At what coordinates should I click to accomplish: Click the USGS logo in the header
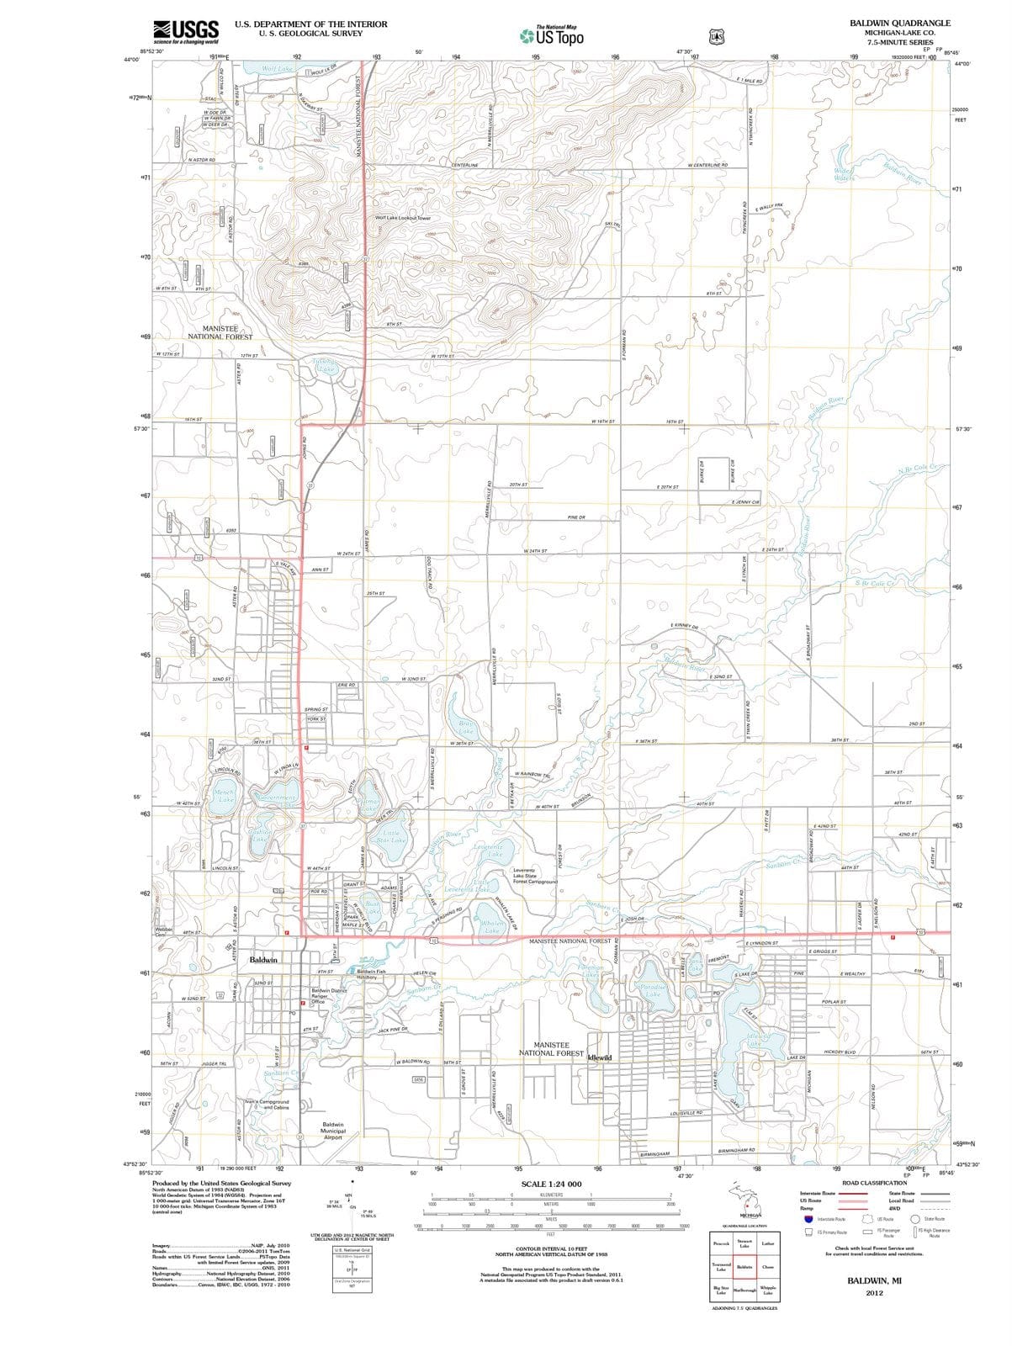tap(186, 32)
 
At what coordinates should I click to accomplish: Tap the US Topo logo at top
tap(551, 36)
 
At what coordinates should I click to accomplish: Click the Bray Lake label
tap(467, 728)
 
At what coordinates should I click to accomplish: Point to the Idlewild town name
tap(599, 1057)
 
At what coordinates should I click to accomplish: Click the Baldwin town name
tap(263, 959)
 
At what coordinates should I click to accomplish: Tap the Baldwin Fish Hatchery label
tap(371, 974)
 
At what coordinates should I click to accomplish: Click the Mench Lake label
tap(225, 796)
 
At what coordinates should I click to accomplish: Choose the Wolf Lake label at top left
tap(278, 68)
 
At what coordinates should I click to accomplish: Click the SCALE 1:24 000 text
tap(551, 1184)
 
